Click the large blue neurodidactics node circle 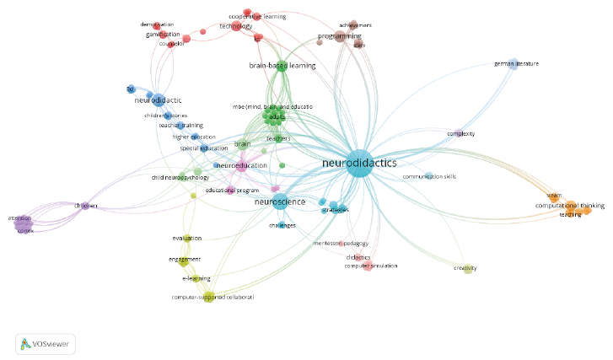[360, 163]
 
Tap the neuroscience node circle [278, 202]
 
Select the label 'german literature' [516, 63]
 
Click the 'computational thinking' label [569, 206]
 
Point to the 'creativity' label [465, 268]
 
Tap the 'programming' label [340, 36]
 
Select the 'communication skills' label [429, 176]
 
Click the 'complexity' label [461, 133]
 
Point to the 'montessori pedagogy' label [341, 243]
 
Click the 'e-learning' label [196, 277]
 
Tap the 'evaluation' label [187, 239]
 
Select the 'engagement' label [184, 259]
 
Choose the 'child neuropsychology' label [180, 178]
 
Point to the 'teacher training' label [181, 126]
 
